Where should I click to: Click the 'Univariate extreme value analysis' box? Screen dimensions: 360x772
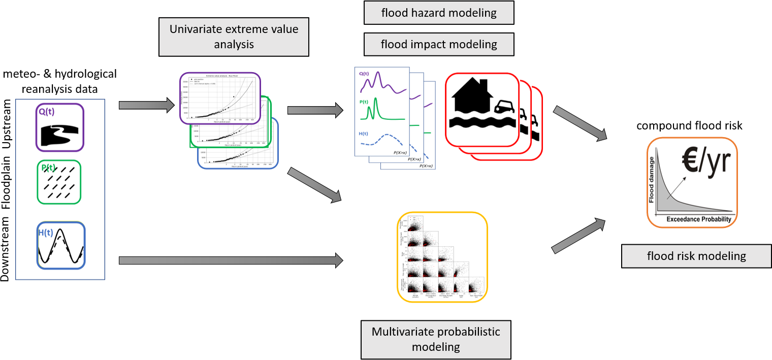point(234,37)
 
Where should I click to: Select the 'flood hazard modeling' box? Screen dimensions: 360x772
point(439,13)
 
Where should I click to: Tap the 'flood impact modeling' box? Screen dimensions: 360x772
point(439,44)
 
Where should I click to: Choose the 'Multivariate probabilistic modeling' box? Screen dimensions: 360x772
point(436,340)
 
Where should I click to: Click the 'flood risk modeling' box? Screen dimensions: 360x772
point(696,255)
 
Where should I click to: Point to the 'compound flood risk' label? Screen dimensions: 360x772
point(689,125)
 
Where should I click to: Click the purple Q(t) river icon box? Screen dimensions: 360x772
point(59,127)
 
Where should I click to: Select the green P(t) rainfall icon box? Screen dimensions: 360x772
point(59,182)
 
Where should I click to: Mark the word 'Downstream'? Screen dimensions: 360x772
point(7,249)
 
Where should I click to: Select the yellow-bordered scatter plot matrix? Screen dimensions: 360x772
point(442,257)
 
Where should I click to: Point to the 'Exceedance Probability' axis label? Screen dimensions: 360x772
point(694,219)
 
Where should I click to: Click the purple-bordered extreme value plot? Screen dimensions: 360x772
point(220,98)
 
